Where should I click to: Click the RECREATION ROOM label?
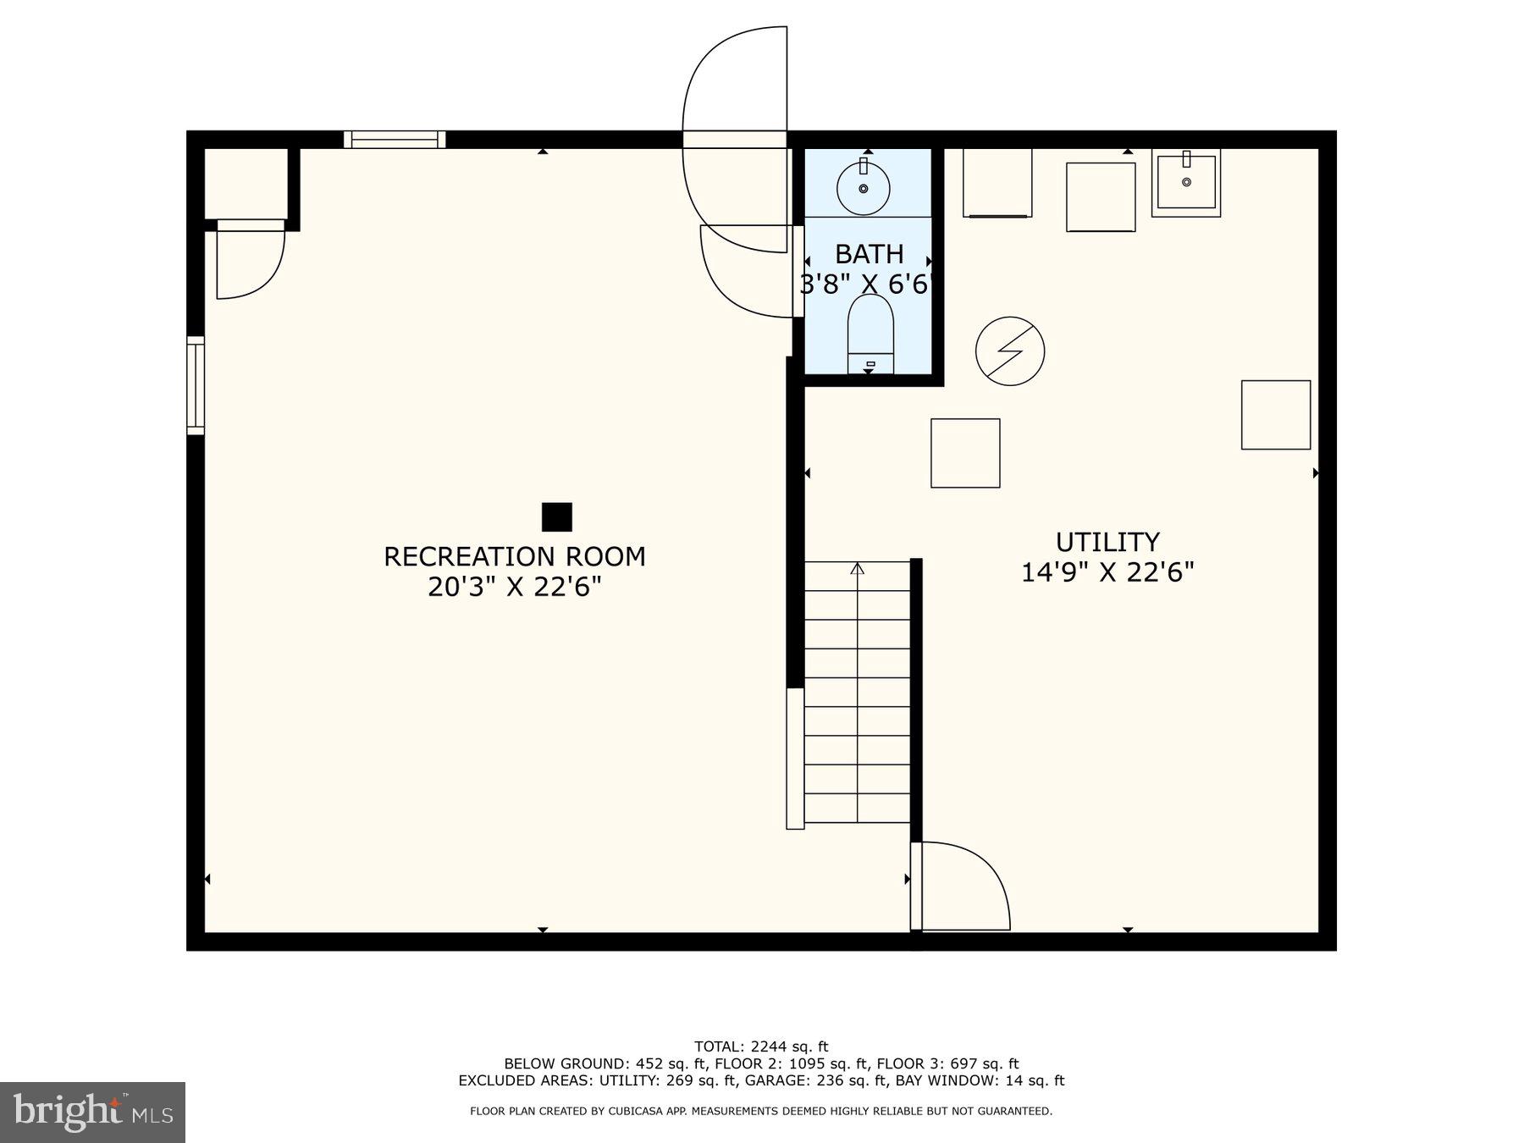[514, 556]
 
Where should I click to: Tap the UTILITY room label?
[1107, 542]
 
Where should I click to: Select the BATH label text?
[869, 254]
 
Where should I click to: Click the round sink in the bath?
[864, 188]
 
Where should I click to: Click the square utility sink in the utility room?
[1185, 182]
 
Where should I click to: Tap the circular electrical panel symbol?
[1010, 351]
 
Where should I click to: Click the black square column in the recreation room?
[556, 516]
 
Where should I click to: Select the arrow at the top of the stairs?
[857, 569]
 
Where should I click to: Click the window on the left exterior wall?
[196, 385]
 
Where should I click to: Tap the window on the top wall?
[395, 140]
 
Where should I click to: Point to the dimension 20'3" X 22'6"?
[514, 587]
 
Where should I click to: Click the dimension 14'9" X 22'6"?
[1107, 572]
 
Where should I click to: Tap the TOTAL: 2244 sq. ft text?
[760, 1046]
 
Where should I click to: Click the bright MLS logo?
[92, 1112]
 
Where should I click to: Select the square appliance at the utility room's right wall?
[1275, 415]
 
